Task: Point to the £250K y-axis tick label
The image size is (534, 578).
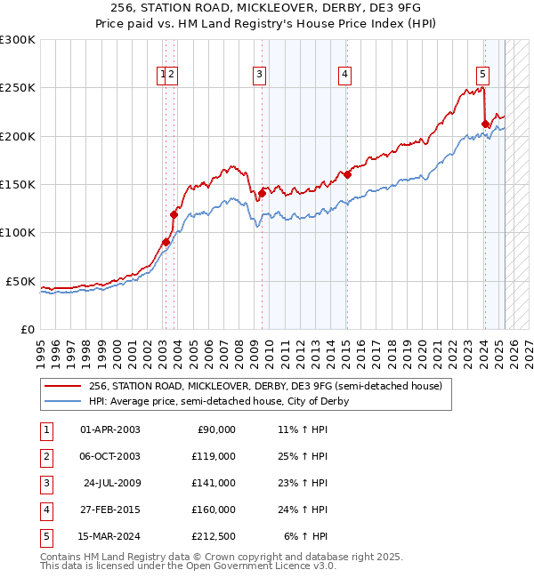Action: point(18,88)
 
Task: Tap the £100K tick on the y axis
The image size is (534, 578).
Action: point(18,233)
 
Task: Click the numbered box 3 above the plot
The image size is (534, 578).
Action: point(259,76)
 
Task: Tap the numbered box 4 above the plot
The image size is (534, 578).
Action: point(344,76)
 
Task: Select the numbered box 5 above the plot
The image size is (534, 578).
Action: point(481,76)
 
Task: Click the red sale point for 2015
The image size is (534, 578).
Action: point(347,175)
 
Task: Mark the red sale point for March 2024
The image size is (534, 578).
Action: point(485,124)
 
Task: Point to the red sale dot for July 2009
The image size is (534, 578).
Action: point(262,193)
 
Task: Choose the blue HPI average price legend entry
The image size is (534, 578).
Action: point(218,401)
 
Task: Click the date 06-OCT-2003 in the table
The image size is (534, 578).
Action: point(109,456)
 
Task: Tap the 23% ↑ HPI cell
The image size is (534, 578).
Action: point(303,483)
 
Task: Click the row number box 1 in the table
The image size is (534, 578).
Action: point(46,429)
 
